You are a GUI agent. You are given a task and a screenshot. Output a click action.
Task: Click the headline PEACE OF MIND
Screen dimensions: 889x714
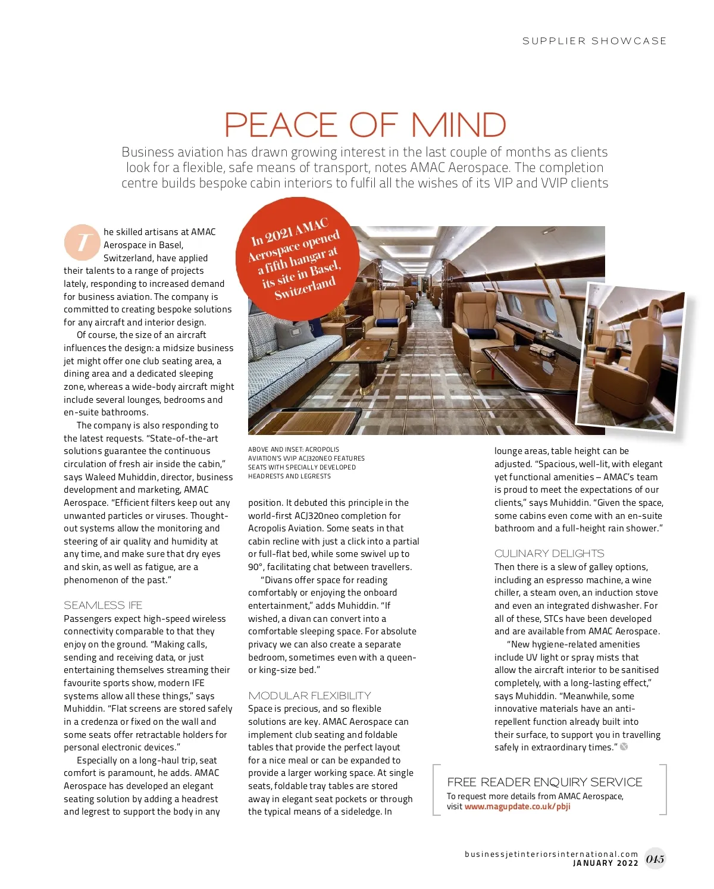coord(365,125)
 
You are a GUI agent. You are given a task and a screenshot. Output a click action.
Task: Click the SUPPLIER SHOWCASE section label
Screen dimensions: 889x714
coord(594,41)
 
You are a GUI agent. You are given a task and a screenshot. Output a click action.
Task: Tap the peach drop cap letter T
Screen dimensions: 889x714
coord(82,242)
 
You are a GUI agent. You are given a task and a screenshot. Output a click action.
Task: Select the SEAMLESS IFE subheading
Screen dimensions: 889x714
coord(103,605)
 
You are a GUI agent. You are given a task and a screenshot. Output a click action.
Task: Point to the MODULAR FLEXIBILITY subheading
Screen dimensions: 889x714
coord(309,696)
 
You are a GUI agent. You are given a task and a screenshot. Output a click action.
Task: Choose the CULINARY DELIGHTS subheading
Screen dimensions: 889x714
coord(549,553)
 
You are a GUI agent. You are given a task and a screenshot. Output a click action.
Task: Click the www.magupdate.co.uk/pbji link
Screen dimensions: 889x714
coord(517,807)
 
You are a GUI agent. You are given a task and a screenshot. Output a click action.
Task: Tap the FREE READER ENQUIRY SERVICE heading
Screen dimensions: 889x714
coord(544,782)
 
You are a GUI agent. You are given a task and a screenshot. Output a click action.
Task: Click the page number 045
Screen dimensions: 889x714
coord(655,859)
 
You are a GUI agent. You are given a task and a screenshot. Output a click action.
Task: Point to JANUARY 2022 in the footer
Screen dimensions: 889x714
coord(605,863)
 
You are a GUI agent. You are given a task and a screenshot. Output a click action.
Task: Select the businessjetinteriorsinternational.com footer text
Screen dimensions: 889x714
coord(551,854)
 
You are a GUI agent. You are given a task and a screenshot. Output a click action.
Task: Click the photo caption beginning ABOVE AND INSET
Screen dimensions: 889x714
coord(306,463)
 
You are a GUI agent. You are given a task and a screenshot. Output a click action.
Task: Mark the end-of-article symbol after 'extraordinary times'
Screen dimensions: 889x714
coord(624,747)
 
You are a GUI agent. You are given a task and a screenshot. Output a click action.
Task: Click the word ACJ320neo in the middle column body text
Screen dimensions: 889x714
coord(318,516)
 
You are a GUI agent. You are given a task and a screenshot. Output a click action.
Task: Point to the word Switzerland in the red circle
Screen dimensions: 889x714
coord(305,288)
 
